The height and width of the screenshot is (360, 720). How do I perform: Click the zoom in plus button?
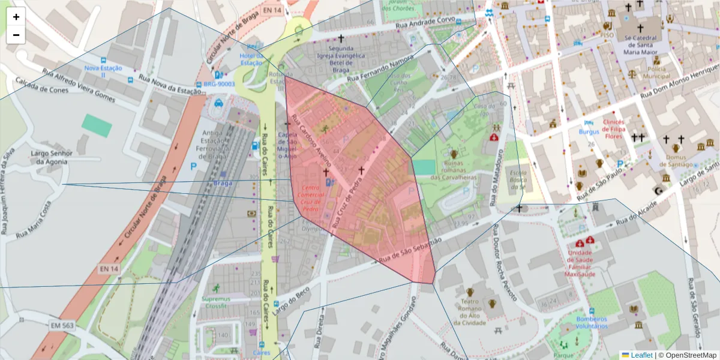coord(16,17)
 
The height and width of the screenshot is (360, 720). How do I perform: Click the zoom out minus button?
coord(16,35)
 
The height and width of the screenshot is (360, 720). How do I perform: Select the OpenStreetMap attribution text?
coord(688,355)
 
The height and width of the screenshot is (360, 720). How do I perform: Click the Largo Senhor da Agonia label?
coord(52,157)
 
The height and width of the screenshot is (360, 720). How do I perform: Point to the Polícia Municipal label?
coord(656,73)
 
